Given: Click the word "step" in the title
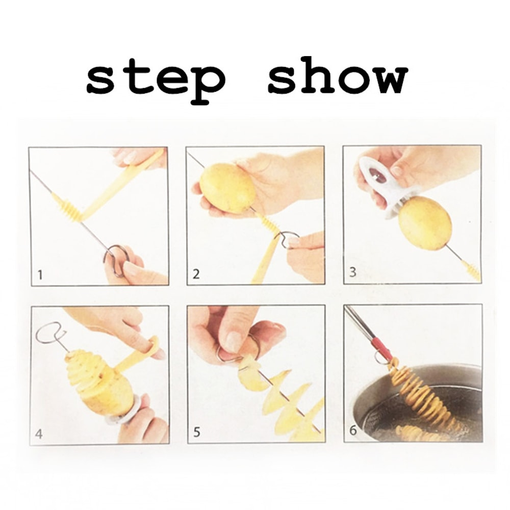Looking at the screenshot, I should click(156, 81).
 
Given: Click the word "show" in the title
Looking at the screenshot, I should click(338, 80).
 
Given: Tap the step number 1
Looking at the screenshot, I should click(40, 276).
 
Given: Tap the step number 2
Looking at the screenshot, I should click(196, 274).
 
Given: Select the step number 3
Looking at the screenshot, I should click(352, 272).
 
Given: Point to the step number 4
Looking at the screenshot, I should click(39, 435).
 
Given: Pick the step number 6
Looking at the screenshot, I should click(352, 431).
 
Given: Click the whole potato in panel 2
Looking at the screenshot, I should click(227, 188).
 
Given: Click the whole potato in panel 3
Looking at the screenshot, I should click(424, 223).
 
